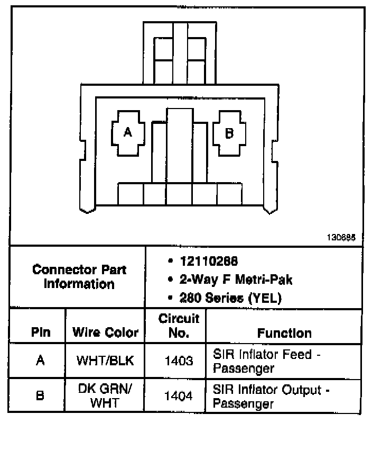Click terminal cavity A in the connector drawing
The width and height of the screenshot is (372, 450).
click(127, 132)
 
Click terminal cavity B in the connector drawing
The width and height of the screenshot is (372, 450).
click(229, 132)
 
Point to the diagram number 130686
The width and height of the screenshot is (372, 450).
click(345, 238)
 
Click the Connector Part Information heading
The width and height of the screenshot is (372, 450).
click(79, 276)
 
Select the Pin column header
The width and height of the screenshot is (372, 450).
click(40, 333)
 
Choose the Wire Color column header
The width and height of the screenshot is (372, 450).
click(105, 333)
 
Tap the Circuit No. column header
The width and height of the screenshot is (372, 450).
click(179, 326)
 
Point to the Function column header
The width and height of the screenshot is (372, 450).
click(284, 333)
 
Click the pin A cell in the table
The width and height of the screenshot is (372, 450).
click(40, 361)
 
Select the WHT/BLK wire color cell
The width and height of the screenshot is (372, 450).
click(105, 361)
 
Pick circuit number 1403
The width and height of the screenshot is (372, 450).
click(179, 361)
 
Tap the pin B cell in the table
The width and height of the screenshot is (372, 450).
click(40, 395)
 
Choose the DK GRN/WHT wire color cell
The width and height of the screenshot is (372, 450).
click(105, 395)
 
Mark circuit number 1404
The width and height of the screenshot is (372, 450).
click(179, 395)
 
